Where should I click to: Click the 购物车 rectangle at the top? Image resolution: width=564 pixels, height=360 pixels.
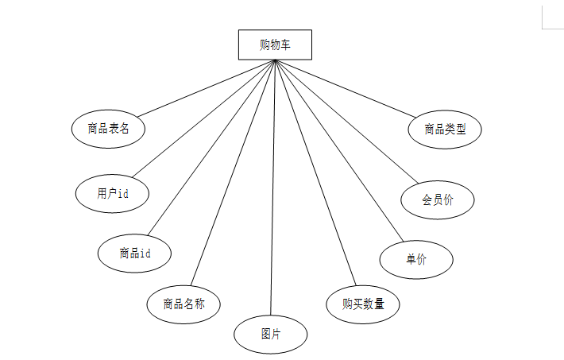[275, 45]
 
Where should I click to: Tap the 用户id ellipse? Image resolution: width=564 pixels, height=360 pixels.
[112, 194]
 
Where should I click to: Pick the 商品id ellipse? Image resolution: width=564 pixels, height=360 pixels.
[134, 254]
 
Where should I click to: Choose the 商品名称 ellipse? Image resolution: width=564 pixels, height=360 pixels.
[183, 304]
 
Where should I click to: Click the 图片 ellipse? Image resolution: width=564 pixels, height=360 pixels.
[270, 335]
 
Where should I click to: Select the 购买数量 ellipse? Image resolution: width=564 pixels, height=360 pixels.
[363, 304]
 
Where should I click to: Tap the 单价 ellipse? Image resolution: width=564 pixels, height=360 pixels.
[416, 259]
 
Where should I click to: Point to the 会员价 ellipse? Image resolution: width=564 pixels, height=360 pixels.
[438, 200]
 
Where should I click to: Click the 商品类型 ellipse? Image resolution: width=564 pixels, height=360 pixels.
[445, 129]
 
